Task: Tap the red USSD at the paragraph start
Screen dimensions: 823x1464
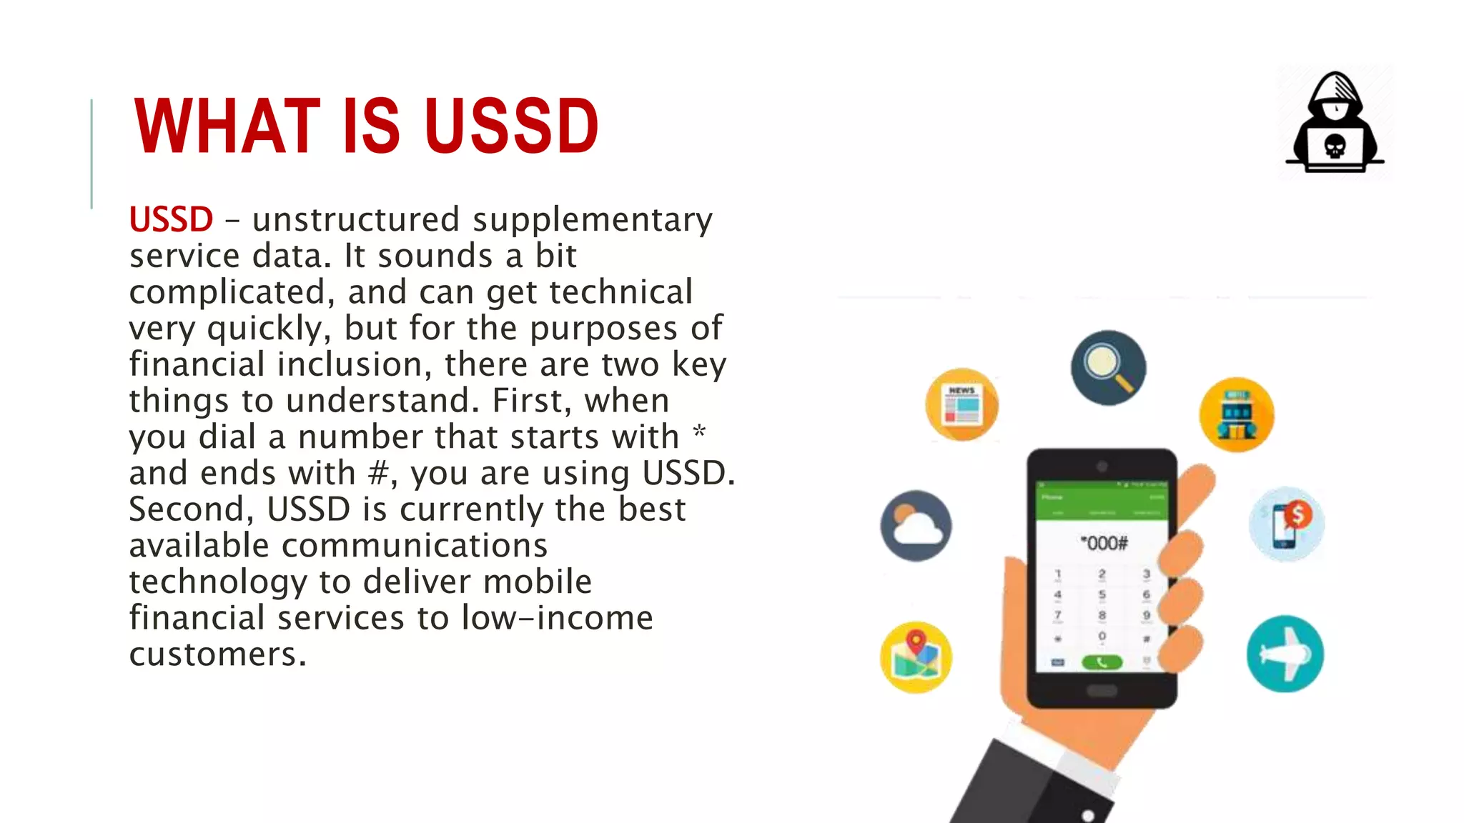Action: (x=171, y=219)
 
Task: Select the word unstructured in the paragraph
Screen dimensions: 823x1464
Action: (x=355, y=219)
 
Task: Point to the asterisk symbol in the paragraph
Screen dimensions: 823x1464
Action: (x=699, y=432)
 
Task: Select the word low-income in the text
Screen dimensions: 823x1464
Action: (x=557, y=618)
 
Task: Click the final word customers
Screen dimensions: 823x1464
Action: (x=217, y=654)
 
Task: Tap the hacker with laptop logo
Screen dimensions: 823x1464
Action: (x=1335, y=123)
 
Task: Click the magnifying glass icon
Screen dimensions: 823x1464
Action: (x=1108, y=367)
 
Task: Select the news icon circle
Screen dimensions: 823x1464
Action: (x=961, y=405)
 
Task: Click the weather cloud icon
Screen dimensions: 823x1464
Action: (x=916, y=526)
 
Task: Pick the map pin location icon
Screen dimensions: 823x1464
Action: (x=916, y=657)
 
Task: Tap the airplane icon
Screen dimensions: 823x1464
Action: (x=1285, y=654)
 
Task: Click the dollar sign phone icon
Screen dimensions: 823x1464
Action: (x=1287, y=524)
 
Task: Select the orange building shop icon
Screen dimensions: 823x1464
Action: (x=1236, y=414)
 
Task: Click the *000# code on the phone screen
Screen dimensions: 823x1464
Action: (x=1103, y=544)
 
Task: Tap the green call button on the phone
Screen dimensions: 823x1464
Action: (x=1102, y=662)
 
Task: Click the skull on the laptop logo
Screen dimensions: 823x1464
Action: (x=1335, y=146)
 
